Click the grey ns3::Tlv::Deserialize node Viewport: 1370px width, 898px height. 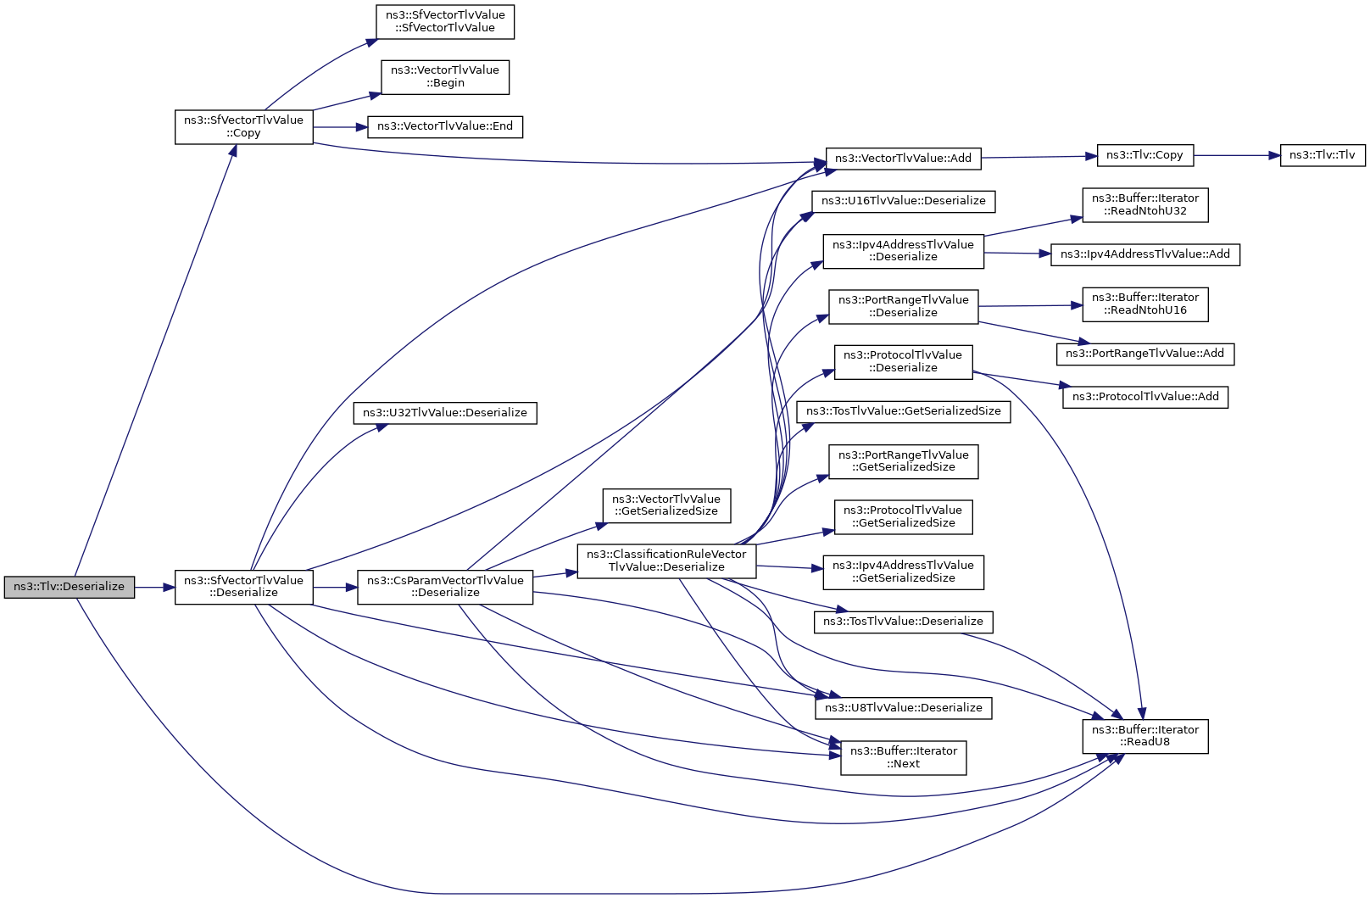69,587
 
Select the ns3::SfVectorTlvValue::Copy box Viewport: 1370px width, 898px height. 244,127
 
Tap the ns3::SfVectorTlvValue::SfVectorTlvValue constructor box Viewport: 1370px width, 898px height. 445,22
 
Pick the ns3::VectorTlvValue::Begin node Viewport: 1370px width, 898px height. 445,77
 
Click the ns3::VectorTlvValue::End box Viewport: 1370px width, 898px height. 445,126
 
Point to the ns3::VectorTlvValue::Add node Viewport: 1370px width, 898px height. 903,159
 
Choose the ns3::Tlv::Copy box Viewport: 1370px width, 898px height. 1144,156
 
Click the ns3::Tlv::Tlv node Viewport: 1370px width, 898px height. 1322,156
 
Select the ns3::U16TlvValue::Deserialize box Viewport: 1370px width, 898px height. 903,202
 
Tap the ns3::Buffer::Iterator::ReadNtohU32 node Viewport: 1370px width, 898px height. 1144,205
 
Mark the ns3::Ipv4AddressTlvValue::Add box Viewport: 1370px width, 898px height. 1144,254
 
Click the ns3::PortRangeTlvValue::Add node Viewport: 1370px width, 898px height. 1144,354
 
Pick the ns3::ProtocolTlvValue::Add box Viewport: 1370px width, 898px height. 1144,397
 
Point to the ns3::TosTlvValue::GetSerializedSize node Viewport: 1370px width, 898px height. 903,412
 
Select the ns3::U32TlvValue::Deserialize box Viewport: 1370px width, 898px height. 445,414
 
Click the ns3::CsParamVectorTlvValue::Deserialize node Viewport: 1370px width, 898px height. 445,587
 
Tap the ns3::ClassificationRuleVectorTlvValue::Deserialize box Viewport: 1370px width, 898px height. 666,561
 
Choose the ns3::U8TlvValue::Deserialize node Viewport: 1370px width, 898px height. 903,708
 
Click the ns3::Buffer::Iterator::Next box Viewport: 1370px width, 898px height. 903,758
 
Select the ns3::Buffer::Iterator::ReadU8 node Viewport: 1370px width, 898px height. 1144,736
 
